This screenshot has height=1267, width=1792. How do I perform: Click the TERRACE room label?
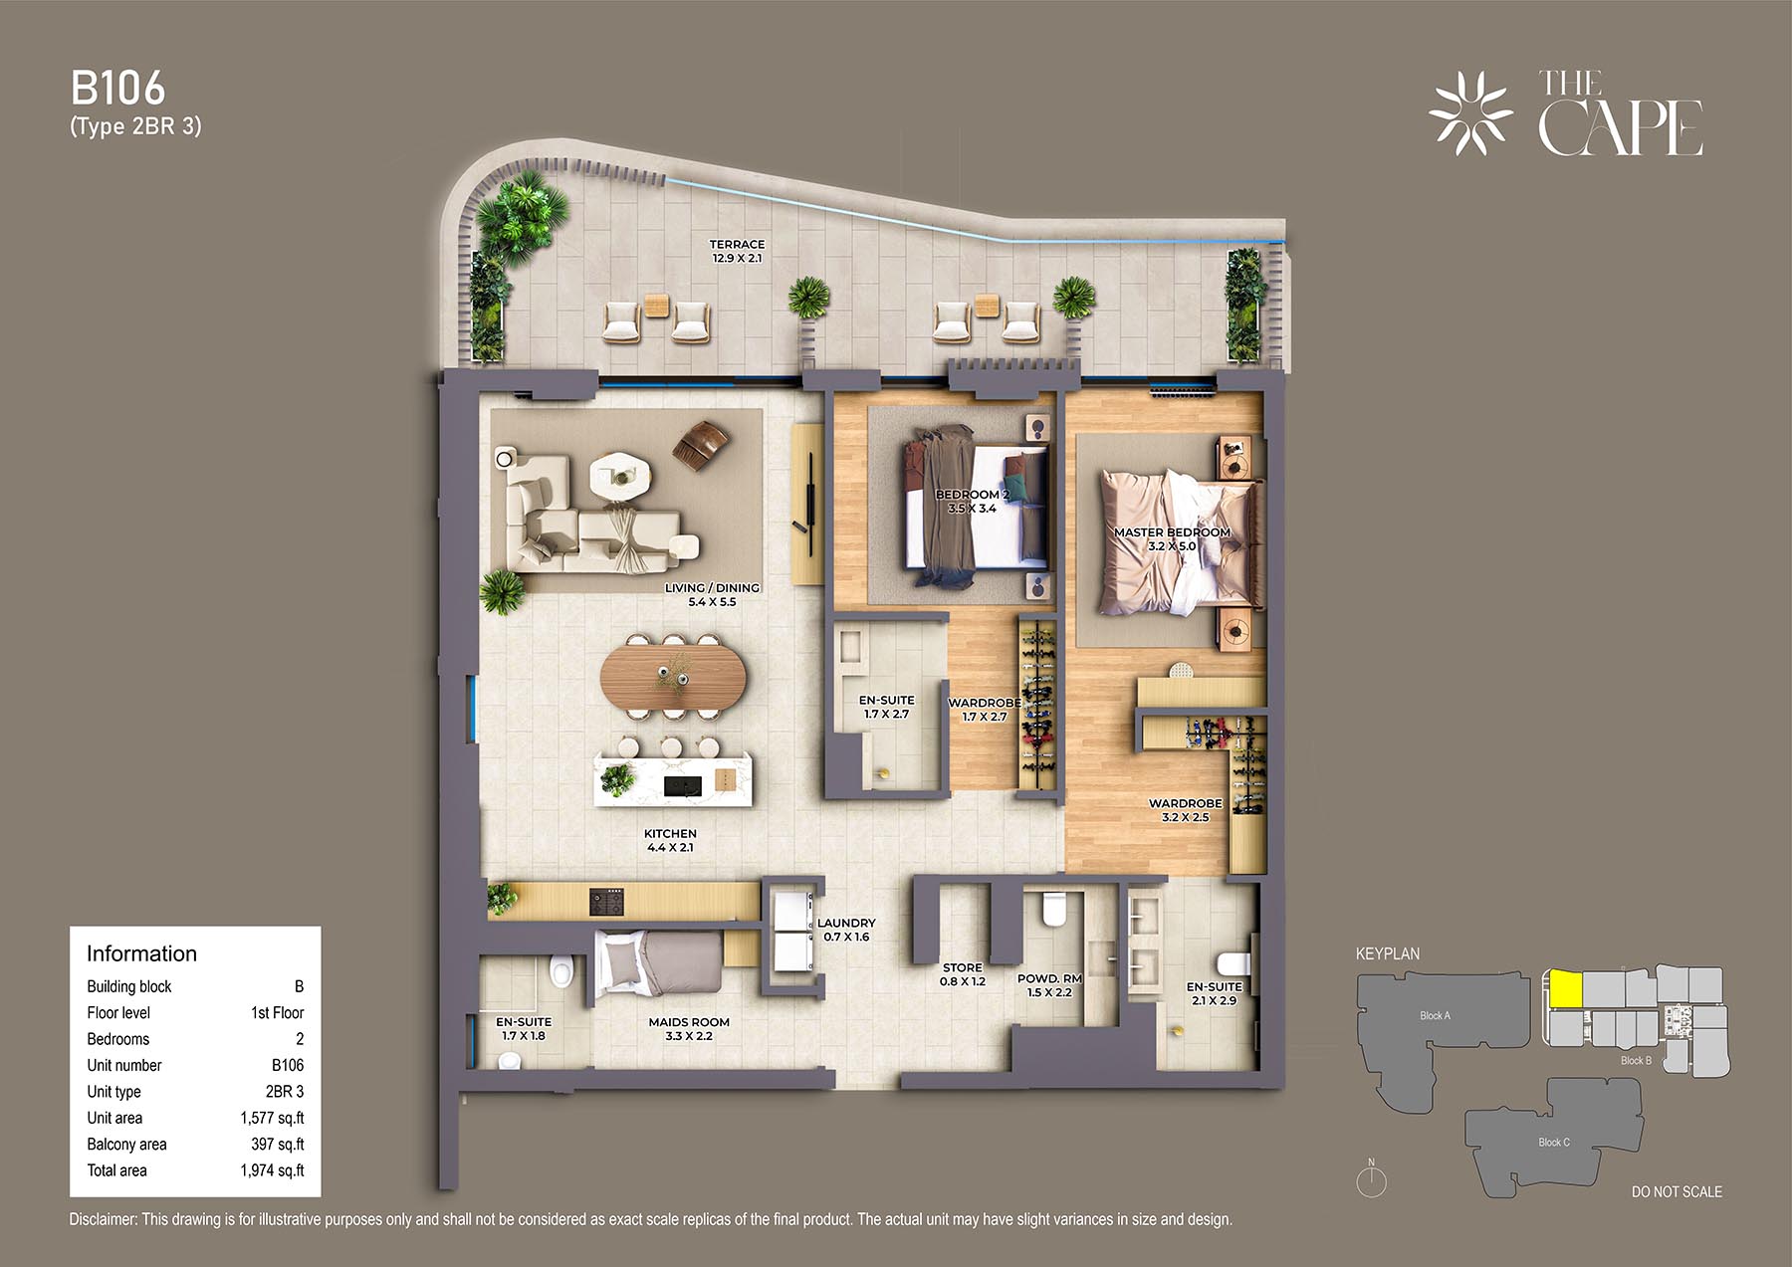click(x=737, y=244)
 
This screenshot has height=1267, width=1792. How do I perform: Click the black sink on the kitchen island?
click(x=682, y=786)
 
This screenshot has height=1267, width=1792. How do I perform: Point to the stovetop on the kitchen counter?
click(x=606, y=902)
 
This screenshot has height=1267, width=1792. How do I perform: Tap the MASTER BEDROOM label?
click(x=1172, y=532)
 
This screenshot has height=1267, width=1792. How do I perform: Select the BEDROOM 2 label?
click(x=972, y=495)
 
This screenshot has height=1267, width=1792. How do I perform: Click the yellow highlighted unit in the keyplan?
click(x=1566, y=989)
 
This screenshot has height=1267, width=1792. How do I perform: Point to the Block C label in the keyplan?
click(x=1553, y=1142)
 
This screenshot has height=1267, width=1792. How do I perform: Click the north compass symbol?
click(x=1371, y=1178)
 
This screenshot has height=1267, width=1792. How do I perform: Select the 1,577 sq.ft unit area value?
click(x=272, y=1118)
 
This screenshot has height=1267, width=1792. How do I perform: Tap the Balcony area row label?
click(x=126, y=1145)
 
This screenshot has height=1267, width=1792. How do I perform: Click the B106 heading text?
click(x=117, y=89)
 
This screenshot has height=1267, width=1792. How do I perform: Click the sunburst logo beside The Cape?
click(x=1470, y=113)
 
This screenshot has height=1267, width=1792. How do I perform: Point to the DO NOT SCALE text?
click(x=1677, y=1191)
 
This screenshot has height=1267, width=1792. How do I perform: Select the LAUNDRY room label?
click(x=846, y=923)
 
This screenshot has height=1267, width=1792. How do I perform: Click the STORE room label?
click(x=962, y=967)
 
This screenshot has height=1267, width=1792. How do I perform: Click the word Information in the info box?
click(x=141, y=953)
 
